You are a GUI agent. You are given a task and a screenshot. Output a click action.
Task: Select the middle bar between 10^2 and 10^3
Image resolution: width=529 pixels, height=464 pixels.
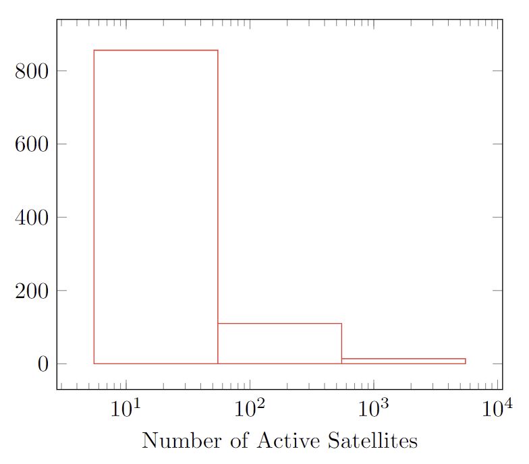(x=279, y=343)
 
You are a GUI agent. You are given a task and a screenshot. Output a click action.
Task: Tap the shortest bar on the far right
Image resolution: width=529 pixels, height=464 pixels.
(x=403, y=361)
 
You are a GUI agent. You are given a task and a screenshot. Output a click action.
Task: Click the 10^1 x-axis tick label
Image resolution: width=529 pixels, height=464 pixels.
(x=126, y=409)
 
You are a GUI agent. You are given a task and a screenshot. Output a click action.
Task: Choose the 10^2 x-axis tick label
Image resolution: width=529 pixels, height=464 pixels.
(x=250, y=409)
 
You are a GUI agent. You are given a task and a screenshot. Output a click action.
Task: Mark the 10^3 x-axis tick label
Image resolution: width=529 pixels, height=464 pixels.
(x=374, y=409)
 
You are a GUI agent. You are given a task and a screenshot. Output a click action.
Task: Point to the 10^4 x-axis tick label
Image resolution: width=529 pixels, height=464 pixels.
(x=498, y=409)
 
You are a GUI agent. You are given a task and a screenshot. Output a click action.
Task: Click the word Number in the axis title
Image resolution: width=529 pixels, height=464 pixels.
(x=180, y=441)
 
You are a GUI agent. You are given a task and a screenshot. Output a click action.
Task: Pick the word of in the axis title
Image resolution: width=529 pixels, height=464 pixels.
(x=237, y=441)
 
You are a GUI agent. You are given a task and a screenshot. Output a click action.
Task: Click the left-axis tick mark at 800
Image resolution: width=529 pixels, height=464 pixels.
(x=61, y=71)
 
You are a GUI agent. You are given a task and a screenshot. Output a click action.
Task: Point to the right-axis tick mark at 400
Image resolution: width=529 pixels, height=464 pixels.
(x=499, y=217)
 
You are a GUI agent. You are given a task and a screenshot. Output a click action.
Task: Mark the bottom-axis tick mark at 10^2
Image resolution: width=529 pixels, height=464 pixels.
(x=250, y=385)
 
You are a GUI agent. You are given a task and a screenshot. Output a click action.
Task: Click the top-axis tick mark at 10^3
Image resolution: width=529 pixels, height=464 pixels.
(x=374, y=24)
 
